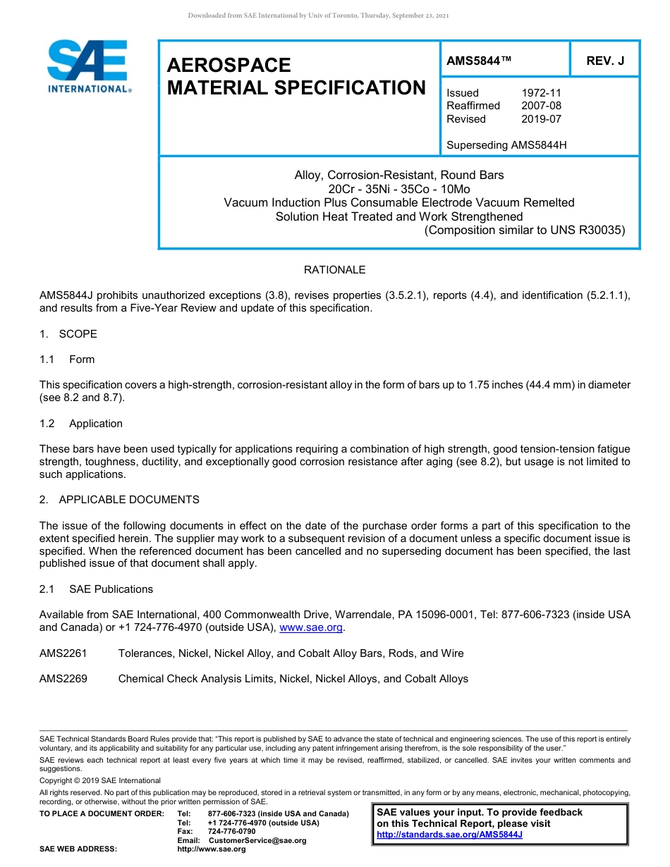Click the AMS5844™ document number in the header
point(479,61)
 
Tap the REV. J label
point(605,61)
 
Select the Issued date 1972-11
point(541,93)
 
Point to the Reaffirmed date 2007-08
point(541,106)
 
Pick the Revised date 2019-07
point(541,119)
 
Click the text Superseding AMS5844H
point(506,145)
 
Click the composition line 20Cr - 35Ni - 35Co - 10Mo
point(399,189)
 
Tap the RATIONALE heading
point(334,270)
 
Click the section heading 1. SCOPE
point(68,334)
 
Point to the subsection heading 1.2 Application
point(81,424)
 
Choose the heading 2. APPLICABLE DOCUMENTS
point(119,500)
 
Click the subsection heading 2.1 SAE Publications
point(96,589)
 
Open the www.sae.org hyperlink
point(311,628)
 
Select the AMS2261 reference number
point(63,653)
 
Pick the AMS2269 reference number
point(63,679)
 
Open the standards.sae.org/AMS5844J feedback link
point(449,835)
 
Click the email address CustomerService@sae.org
point(257,840)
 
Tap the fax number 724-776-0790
point(231,832)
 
